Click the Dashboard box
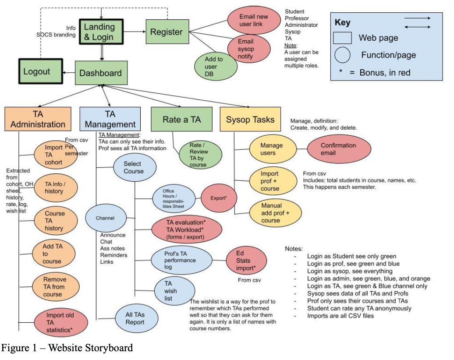(x=101, y=73)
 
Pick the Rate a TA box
(x=181, y=119)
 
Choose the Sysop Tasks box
(x=250, y=119)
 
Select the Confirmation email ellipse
(x=338, y=149)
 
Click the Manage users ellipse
(x=271, y=149)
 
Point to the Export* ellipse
(x=220, y=198)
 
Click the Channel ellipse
(x=105, y=218)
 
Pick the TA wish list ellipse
(x=174, y=291)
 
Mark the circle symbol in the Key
(x=342, y=55)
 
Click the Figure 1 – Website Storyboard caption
(x=67, y=348)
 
